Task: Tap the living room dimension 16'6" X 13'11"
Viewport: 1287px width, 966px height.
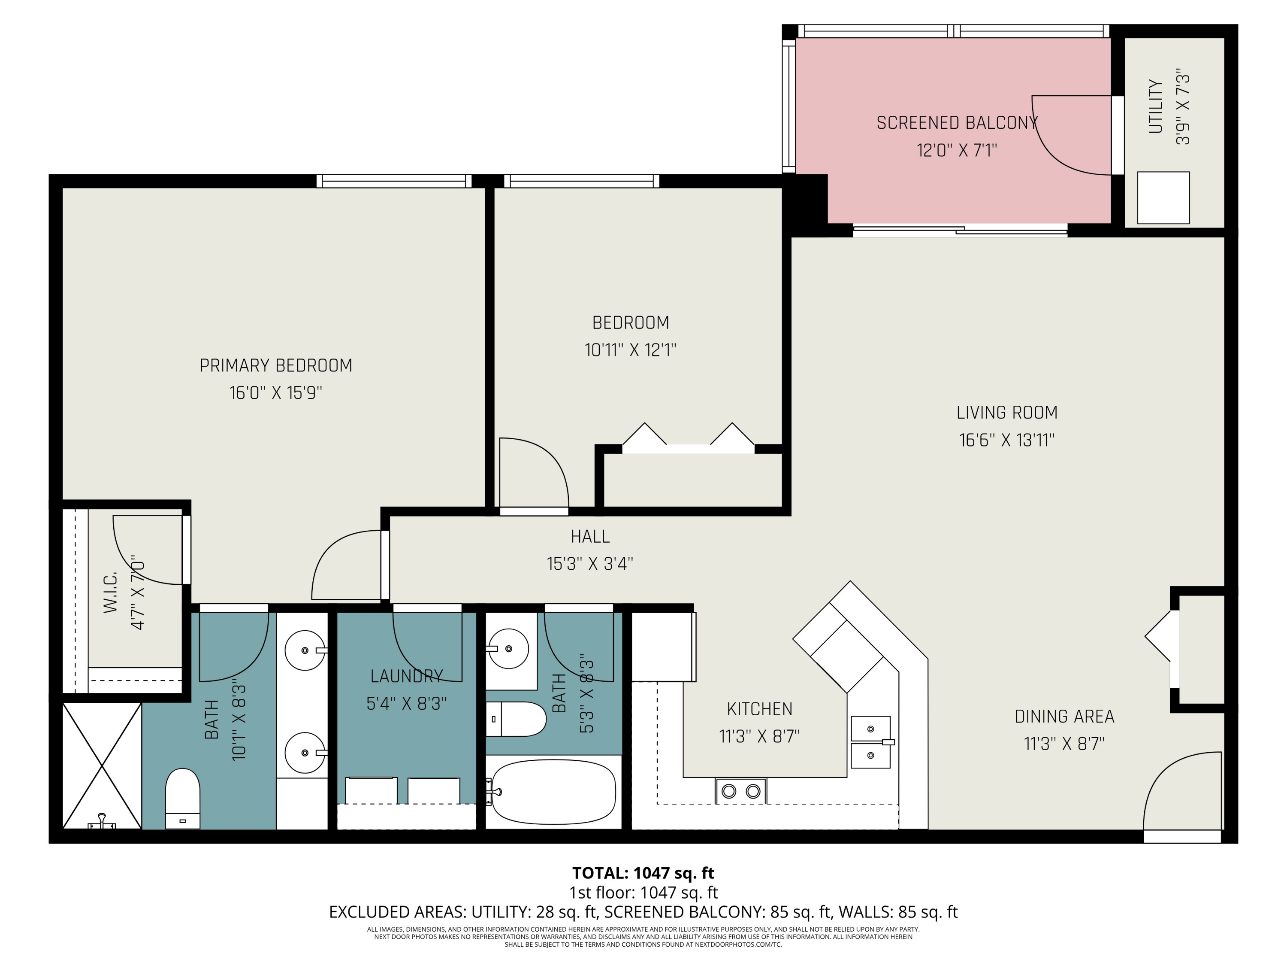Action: click(x=1006, y=440)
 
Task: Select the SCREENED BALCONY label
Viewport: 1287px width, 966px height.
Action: click(x=957, y=123)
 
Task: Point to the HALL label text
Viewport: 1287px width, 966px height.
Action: click(x=590, y=536)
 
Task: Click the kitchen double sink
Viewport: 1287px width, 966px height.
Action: click(x=871, y=742)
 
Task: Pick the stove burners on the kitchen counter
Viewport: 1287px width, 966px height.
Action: click(x=740, y=791)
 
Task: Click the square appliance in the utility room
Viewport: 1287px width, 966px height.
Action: click(x=1163, y=198)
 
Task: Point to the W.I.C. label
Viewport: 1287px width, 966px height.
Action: click(x=111, y=592)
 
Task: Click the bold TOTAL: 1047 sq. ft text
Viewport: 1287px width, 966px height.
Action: click(x=643, y=873)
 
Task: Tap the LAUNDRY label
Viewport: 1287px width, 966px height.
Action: click(x=407, y=676)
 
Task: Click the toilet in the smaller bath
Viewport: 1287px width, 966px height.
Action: click(x=516, y=719)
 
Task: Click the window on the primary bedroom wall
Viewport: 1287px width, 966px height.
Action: click(x=394, y=181)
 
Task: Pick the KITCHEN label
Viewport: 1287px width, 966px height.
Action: click(x=759, y=709)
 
